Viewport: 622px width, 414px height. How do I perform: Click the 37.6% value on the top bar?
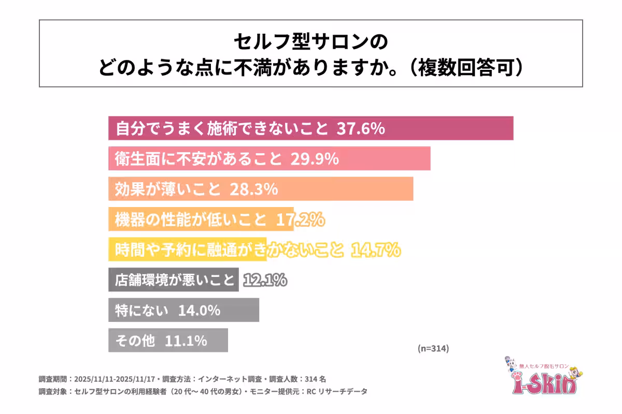coord(361,129)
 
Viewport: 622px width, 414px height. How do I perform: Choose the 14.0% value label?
coord(199,311)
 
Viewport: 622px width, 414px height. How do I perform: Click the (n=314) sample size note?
coord(433,348)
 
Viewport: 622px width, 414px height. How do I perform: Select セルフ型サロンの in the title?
coord(310,42)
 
